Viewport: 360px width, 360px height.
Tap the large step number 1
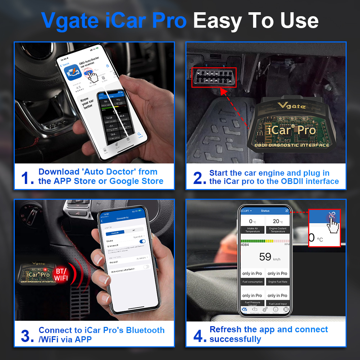point(27,177)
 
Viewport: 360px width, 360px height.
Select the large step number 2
point(199,177)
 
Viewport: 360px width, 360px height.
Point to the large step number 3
point(27,336)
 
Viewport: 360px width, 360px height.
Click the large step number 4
point(199,336)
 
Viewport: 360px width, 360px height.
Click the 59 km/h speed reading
point(265,257)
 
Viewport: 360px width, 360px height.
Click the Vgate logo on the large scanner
point(292,106)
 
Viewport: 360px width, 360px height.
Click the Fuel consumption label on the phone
point(252,282)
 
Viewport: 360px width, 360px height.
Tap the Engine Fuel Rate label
point(278,282)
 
